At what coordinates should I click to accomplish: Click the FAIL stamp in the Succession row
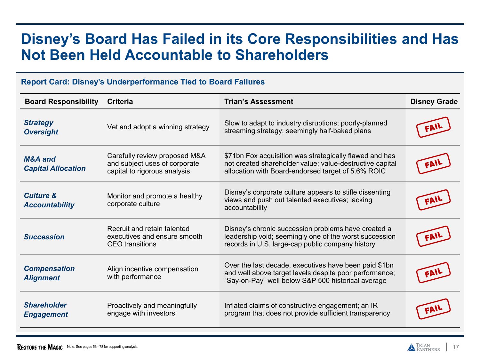(x=433, y=236)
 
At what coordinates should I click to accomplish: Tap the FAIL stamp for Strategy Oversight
(x=433, y=127)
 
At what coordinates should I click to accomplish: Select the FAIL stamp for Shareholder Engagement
(x=433, y=309)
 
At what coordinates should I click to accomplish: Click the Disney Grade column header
(x=434, y=101)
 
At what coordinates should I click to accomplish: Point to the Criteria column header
(x=120, y=101)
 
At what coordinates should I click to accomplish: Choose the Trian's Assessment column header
(x=259, y=101)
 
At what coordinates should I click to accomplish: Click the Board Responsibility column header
(x=61, y=101)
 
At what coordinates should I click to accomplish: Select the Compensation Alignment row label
(x=49, y=273)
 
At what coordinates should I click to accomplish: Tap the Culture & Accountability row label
(x=49, y=200)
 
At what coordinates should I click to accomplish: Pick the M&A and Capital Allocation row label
(x=55, y=164)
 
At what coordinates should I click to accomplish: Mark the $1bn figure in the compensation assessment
(x=385, y=265)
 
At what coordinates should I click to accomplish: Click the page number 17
(x=456, y=347)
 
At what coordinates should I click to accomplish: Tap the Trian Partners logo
(x=424, y=347)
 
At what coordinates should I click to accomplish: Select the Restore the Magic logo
(x=40, y=347)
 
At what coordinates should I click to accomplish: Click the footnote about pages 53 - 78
(x=102, y=347)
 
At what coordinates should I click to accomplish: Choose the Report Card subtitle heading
(x=143, y=82)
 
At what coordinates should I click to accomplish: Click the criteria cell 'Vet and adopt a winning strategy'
(x=158, y=127)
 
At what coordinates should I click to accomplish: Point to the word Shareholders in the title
(x=282, y=55)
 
